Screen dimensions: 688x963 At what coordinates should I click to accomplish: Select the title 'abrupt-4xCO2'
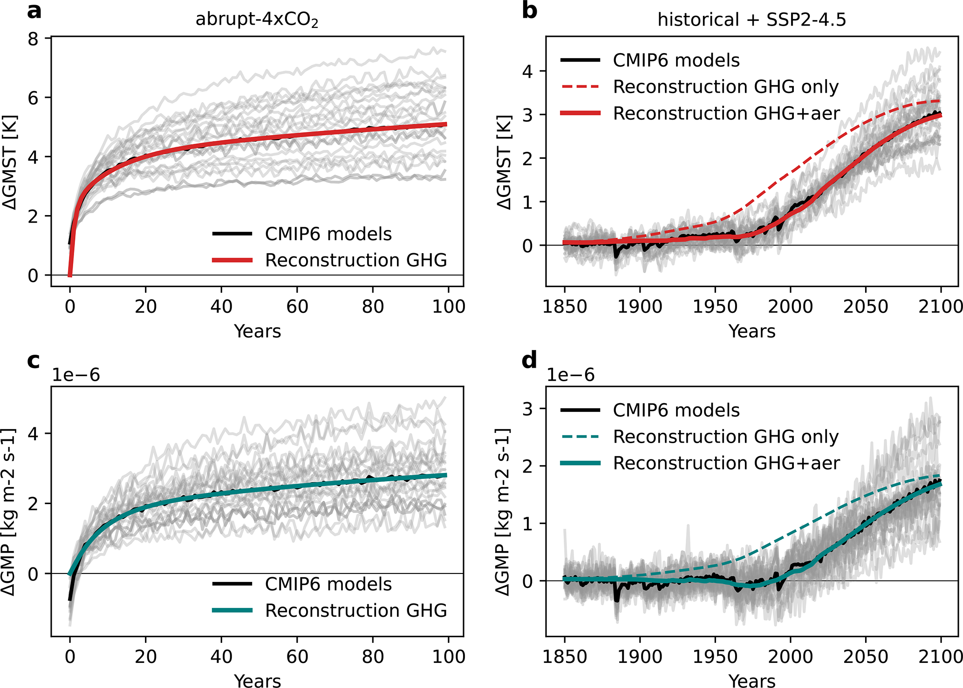257,20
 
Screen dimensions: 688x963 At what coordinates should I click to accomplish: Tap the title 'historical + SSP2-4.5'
751,20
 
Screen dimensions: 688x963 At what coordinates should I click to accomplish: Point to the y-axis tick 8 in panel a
33,39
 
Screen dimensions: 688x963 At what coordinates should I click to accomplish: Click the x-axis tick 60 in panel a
297,306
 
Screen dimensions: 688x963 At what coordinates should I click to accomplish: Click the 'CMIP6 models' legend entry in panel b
676,61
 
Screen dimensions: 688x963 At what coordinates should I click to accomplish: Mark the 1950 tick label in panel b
715,306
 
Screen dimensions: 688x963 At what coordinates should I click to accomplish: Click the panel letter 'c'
34,361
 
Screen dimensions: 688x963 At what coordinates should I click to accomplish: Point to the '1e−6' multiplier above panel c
75,375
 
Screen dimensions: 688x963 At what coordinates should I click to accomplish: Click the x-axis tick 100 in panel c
448,656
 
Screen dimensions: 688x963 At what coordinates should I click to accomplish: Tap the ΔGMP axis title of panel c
9,512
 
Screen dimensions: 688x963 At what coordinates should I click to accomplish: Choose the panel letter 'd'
529,361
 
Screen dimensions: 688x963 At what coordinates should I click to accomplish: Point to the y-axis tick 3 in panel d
527,409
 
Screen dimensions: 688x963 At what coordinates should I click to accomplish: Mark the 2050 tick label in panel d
866,656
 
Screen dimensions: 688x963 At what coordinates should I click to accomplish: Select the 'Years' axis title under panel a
257,331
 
